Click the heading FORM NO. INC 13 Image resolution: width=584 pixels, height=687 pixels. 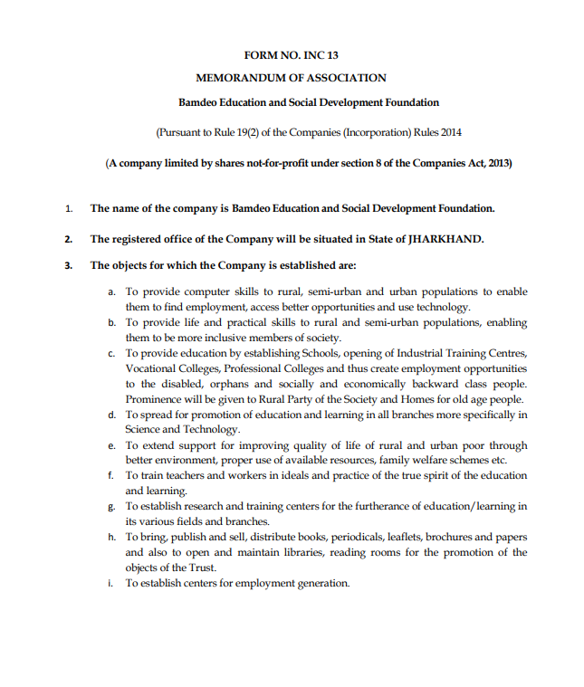pyautogui.click(x=291, y=55)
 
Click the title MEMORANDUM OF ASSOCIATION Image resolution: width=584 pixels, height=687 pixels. pyautogui.click(x=291, y=79)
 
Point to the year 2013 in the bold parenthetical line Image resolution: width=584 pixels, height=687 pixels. pyautogui.click(x=494, y=163)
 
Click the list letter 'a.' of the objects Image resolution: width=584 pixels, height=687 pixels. pyautogui.click(x=111, y=292)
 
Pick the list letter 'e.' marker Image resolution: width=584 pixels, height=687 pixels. pyautogui.click(x=111, y=446)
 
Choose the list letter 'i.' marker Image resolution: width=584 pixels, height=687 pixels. pyautogui.click(x=110, y=583)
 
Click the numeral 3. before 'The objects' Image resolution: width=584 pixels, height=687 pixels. pyautogui.click(x=69, y=266)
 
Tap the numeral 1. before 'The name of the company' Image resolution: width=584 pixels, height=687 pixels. pyautogui.click(x=69, y=209)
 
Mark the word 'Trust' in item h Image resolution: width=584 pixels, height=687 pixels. pyautogui.click(x=204, y=568)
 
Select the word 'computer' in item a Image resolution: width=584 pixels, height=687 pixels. pyautogui.click(x=200, y=292)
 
